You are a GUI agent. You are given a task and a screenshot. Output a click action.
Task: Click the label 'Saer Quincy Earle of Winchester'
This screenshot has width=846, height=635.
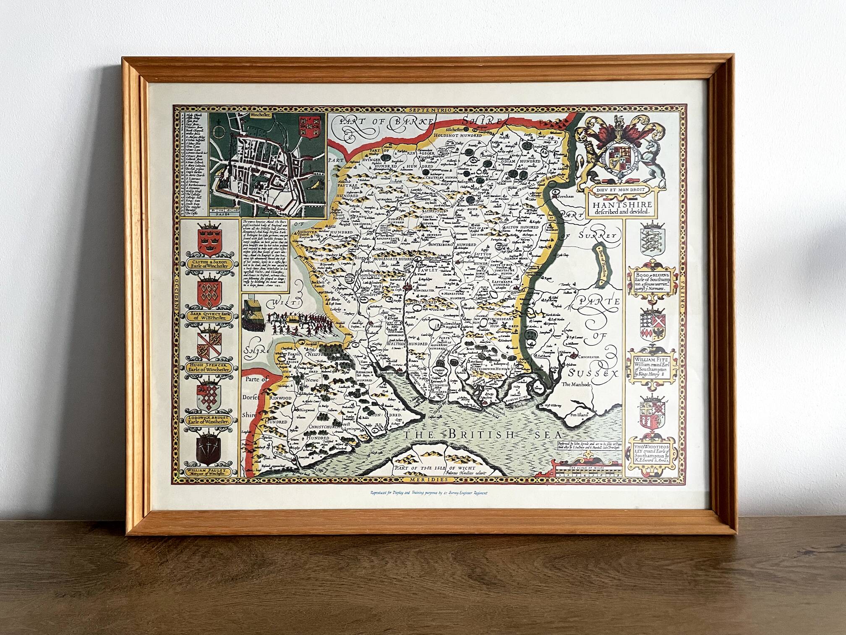(x=209, y=316)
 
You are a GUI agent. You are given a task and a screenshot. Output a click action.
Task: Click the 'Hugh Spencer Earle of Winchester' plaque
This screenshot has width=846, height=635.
(x=209, y=368)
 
